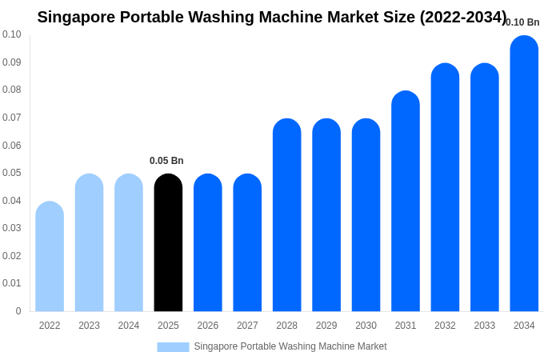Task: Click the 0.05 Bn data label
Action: tap(166, 161)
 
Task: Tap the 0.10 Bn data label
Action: tap(523, 22)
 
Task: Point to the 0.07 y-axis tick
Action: tap(12, 118)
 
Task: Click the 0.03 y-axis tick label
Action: tap(12, 228)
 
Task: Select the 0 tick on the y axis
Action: tap(18, 311)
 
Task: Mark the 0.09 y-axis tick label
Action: tap(12, 62)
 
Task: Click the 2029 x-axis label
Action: tap(326, 326)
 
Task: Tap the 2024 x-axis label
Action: tap(129, 326)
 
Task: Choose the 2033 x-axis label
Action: tap(484, 326)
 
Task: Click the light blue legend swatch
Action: tap(173, 347)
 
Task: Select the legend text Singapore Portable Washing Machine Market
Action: tap(290, 346)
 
